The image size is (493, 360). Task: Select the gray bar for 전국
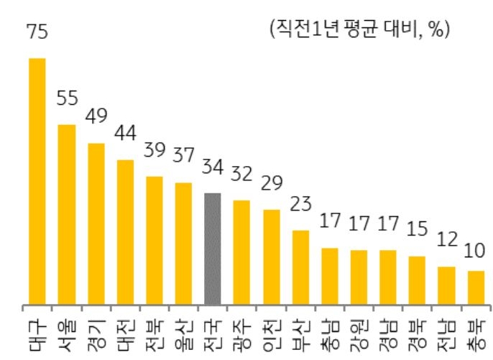[x=212, y=248]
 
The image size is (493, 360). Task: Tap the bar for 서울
[x=67, y=213]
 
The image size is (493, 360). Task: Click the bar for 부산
[x=300, y=267]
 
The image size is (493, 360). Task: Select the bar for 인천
[x=271, y=257]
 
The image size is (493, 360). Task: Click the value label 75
[x=37, y=32]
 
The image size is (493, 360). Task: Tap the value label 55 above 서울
[x=67, y=99]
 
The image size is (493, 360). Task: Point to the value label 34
[x=213, y=167]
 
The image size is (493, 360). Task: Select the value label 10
[x=475, y=251]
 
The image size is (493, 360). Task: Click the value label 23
[x=300, y=205]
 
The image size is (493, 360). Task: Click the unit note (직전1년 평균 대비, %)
[x=358, y=29]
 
